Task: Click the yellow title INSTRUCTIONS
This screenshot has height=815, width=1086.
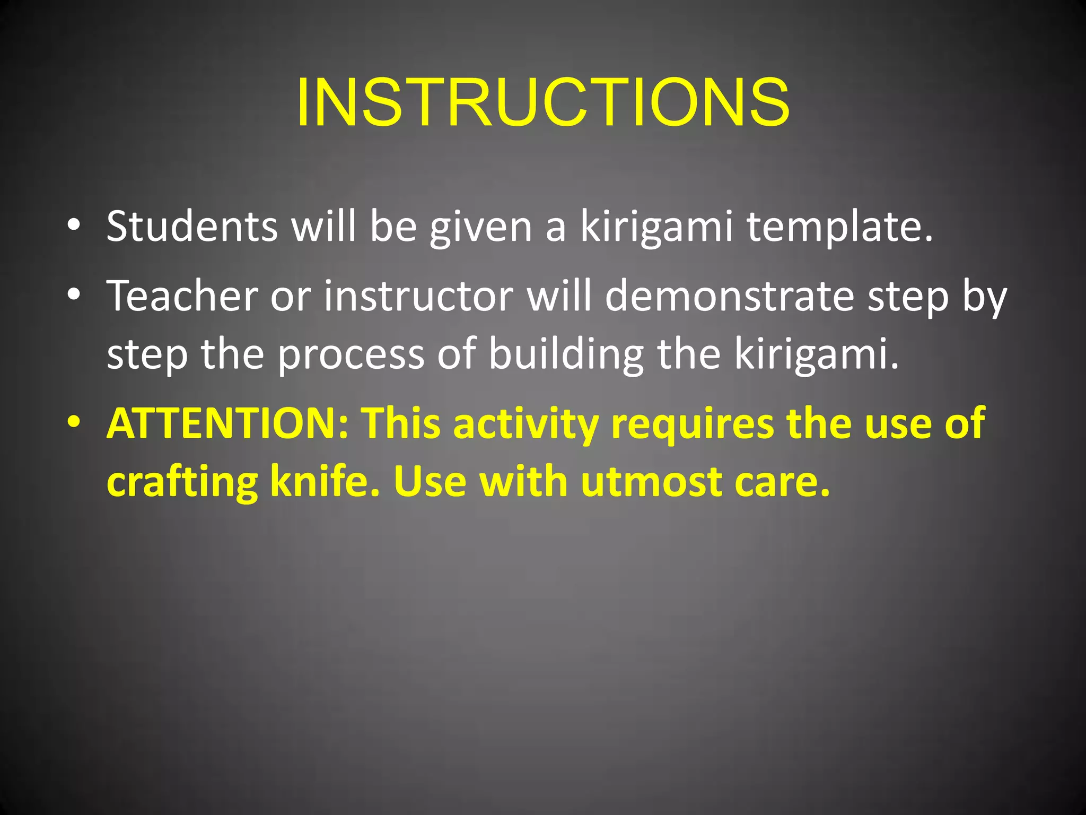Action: [x=543, y=102]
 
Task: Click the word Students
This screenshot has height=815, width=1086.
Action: [x=191, y=227]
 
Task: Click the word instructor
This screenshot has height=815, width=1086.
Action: [x=418, y=296]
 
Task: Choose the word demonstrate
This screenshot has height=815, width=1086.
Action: [x=729, y=296]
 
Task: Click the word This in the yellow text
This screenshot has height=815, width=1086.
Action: [x=401, y=423]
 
